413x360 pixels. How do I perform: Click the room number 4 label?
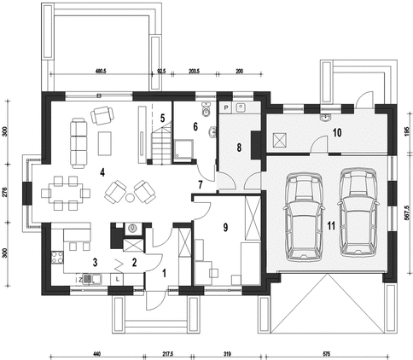click(102, 172)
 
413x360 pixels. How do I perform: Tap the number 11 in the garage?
click(331, 225)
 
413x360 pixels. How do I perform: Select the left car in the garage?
click(304, 217)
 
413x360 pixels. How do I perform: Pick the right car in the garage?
click(358, 212)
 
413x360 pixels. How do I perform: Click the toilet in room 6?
click(206, 109)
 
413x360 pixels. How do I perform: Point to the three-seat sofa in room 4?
click(79, 143)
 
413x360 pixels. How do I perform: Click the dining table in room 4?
click(66, 193)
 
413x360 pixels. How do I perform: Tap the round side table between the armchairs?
click(130, 197)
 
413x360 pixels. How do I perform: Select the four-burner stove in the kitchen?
click(57, 257)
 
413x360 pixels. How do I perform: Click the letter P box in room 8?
click(226, 107)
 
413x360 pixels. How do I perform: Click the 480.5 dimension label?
click(101, 71)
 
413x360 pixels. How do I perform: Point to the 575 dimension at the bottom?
click(326, 354)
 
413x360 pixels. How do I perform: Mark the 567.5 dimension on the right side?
click(406, 213)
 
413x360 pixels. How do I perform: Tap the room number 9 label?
click(225, 227)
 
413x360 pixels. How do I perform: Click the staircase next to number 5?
click(161, 146)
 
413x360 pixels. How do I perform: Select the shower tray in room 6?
click(183, 150)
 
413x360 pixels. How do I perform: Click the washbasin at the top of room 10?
click(325, 117)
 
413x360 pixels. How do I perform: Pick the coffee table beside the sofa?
click(104, 143)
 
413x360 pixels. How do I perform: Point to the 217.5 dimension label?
click(168, 354)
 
